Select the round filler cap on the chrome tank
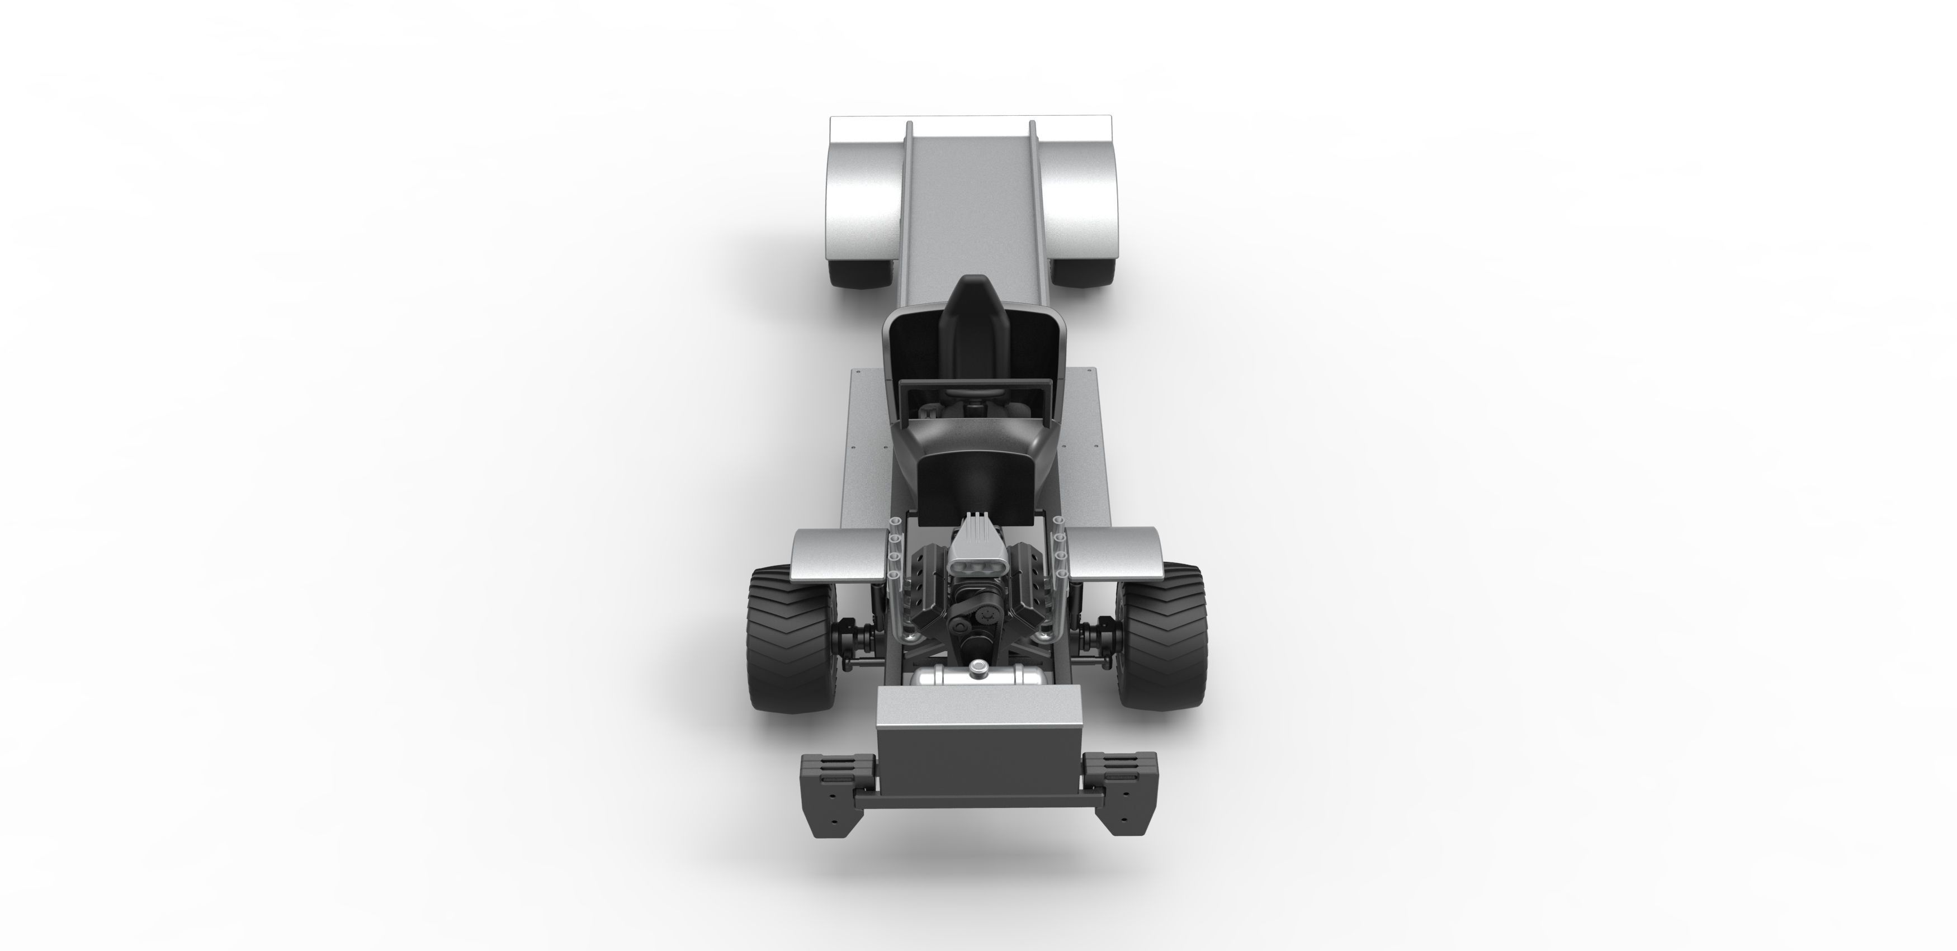978,668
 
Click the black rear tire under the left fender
862,273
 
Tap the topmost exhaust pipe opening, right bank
1057,521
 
